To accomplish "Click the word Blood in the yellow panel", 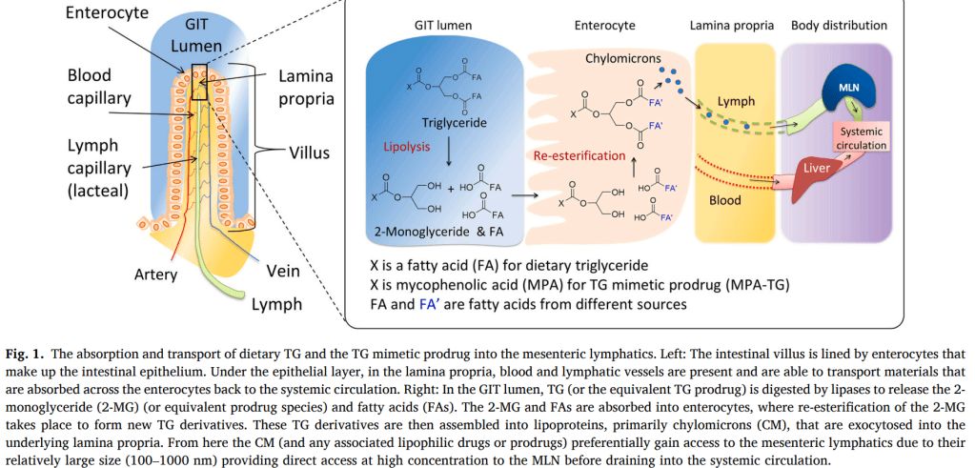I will (x=725, y=201).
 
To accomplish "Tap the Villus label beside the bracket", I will (x=311, y=152).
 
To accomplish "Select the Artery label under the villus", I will (x=154, y=275).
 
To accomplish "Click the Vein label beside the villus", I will (x=283, y=272).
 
